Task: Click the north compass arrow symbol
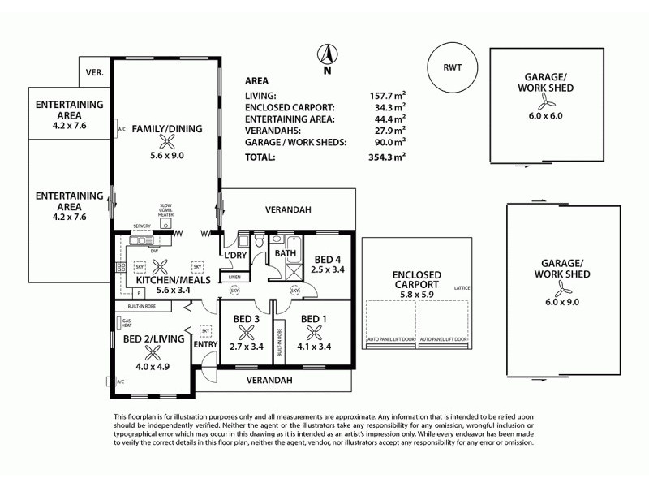click(x=326, y=55)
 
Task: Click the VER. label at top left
click(x=95, y=73)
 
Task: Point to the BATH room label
click(x=285, y=253)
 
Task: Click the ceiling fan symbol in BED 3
click(x=246, y=331)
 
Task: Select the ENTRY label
click(x=205, y=344)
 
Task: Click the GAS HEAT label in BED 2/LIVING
click(x=126, y=324)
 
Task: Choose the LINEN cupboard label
click(x=234, y=277)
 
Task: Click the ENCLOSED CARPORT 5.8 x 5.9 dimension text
click(x=416, y=295)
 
